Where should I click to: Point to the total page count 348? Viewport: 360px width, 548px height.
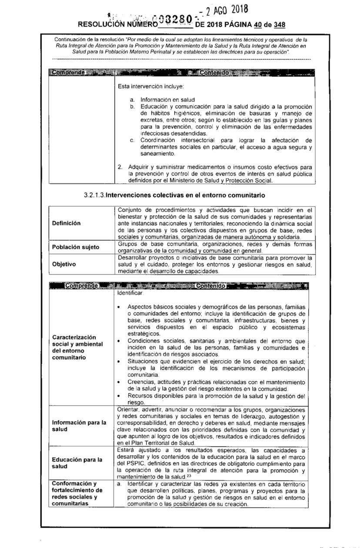point(279,24)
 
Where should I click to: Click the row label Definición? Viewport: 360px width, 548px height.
point(67,223)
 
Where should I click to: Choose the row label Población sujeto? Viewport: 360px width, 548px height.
point(75,247)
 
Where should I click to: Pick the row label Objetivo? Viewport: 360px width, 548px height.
point(64,264)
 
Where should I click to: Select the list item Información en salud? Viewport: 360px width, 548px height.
point(167,100)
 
